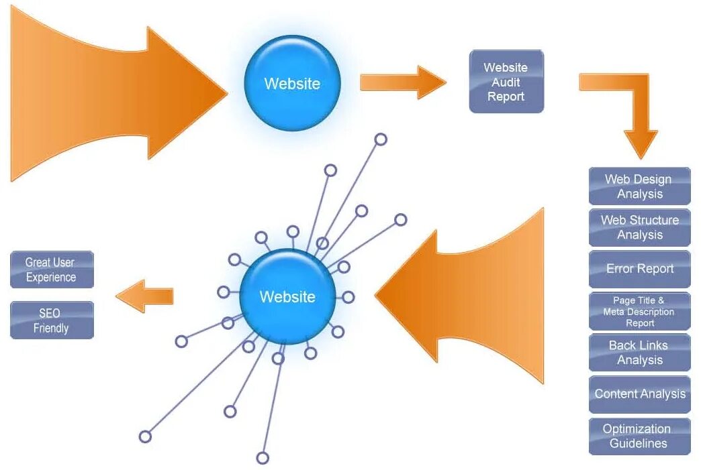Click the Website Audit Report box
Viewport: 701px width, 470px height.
click(506, 82)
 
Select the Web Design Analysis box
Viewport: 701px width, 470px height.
click(639, 186)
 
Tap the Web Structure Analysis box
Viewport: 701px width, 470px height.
click(639, 227)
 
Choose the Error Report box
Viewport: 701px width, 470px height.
click(639, 269)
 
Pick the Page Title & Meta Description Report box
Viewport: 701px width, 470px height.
click(639, 311)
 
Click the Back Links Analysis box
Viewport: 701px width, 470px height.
click(639, 353)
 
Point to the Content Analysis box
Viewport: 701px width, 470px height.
click(639, 394)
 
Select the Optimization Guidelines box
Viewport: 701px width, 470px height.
click(639, 436)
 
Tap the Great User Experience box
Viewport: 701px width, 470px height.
click(52, 270)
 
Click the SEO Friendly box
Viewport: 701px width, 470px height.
click(52, 320)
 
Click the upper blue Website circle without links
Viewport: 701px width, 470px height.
click(292, 84)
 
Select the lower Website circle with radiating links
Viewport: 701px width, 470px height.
click(287, 296)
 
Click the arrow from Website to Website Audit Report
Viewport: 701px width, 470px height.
click(402, 82)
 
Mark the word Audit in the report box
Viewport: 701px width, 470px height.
click(506, 82)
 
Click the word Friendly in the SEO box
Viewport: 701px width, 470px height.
click(51, 329)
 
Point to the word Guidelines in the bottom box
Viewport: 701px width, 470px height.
click(639, 443)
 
